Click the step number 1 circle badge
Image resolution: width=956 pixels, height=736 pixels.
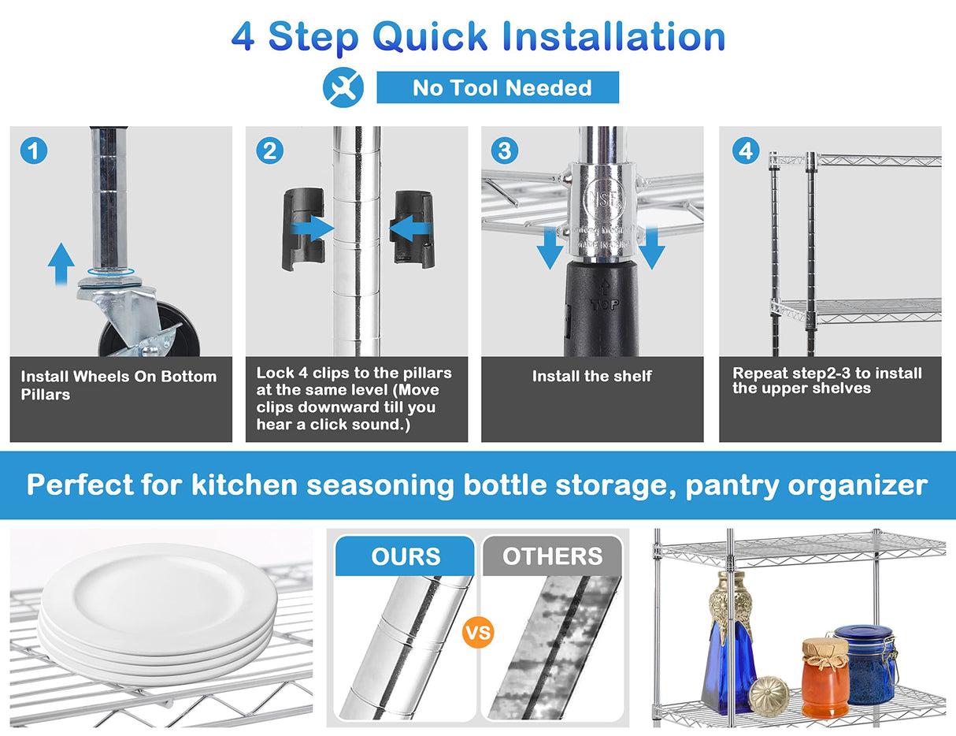point(34,151)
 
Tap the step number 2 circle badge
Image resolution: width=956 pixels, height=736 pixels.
point(269,151)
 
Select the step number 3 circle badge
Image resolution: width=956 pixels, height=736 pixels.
point(505,151)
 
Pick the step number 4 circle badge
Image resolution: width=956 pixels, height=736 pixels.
point(746,151)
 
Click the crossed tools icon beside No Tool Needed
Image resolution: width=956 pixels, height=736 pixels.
point(343,87)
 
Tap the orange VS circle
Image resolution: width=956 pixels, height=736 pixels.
point(478,633)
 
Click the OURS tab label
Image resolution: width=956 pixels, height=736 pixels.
point(406,556)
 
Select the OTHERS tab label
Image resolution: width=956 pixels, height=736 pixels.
point(553,556)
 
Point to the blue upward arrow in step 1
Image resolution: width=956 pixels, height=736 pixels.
point(61,264)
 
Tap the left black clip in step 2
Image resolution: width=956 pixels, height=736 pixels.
point(303,229)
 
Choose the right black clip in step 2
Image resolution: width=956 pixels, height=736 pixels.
point(412,229)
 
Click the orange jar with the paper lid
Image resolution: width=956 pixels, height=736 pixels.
point(825,678)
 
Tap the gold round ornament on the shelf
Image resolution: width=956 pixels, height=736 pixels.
point(769,696)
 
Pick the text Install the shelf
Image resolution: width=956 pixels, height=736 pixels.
point(591,376)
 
